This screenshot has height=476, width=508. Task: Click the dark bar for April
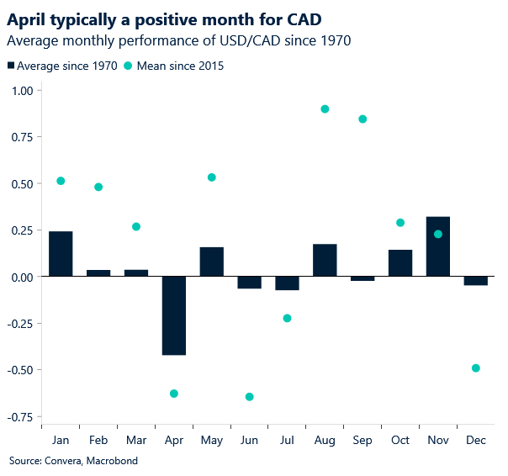pos(174,315)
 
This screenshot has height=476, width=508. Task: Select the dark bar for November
pos(438,246)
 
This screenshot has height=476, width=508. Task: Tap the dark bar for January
pos(61,254)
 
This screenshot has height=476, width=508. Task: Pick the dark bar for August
pos(325,260)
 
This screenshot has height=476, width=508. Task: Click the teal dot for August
pos(325,109)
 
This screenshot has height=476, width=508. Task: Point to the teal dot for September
pos(362,119)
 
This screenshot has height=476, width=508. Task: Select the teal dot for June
pos(249,397)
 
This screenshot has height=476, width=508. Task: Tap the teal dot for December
pos(476,368)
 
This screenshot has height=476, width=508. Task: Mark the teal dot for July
pos(287,318)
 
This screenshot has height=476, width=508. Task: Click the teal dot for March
pos(136,227)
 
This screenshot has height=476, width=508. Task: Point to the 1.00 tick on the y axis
pos(19,91)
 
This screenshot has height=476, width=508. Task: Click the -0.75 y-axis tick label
pos(18,415)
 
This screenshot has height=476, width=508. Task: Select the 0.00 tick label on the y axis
pos(19,277)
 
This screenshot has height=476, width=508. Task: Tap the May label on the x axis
pos(212,441)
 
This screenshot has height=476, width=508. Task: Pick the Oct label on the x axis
pos(400,441)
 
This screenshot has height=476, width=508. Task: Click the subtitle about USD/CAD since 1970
pos(179,40)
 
